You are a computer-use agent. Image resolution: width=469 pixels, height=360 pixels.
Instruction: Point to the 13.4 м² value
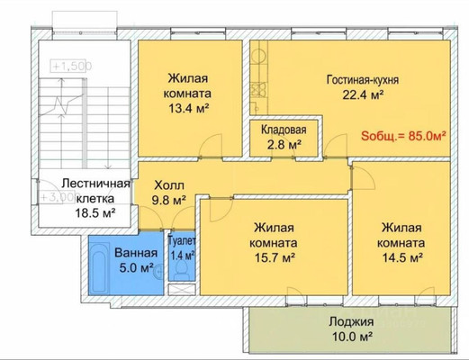point(189,110)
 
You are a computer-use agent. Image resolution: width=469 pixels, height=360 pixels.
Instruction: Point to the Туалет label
point(183,241)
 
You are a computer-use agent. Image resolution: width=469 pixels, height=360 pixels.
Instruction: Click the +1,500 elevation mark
point(68,67)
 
